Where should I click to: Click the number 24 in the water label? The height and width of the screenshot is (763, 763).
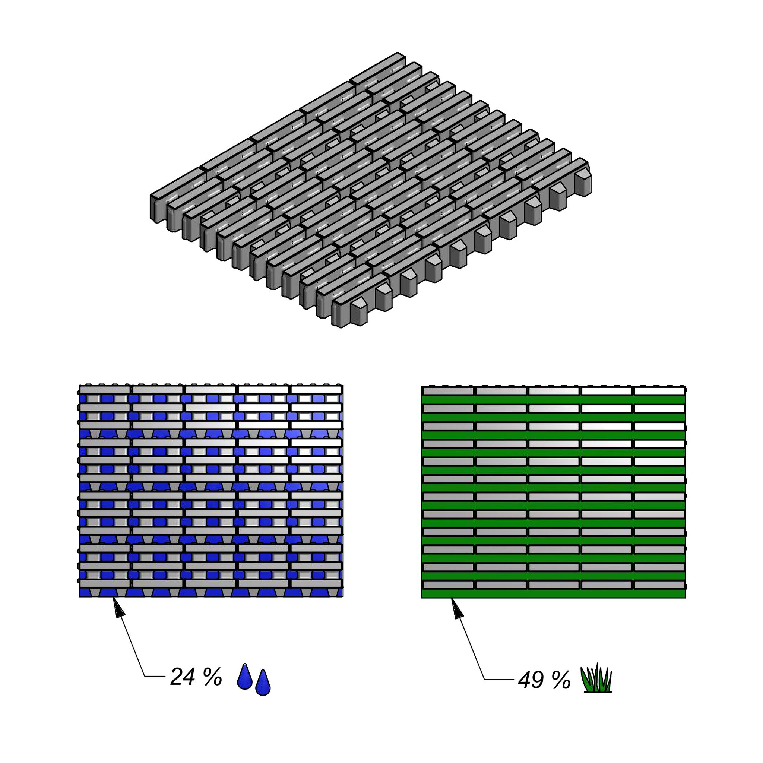click(183, 677)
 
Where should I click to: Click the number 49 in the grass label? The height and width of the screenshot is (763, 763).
click(531, 680)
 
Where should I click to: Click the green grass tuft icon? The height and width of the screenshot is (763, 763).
click(597, 678)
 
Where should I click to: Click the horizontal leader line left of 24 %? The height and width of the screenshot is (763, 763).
click(155, 677)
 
